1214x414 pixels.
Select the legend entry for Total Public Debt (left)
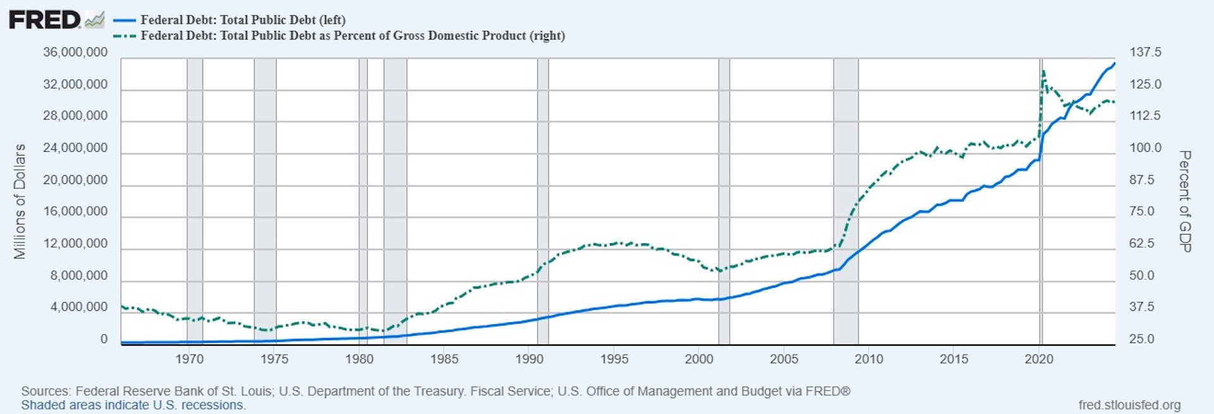point(243,20)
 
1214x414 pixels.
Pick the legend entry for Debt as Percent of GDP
point(352,35)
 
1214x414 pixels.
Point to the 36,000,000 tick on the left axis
point(75,52)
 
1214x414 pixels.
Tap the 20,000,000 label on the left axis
point(75,180)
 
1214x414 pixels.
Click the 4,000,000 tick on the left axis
point(79,307)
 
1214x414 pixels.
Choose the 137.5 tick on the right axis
point(1145,52)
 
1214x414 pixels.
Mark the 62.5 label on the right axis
point(1142,243)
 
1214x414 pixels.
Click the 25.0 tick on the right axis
point(1142,339)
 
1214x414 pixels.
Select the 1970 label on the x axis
point(189,359)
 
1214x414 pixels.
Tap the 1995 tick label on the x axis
point(614,359)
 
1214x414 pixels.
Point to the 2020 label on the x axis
point(1039,359)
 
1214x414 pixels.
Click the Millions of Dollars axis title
point(20,201)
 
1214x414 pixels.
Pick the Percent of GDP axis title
point(1185,201)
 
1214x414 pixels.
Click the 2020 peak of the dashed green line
point(1043,70)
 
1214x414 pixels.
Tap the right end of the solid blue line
point(1114,63)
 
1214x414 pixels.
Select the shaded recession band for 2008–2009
point(845,201)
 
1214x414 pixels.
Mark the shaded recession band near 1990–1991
point(543,201)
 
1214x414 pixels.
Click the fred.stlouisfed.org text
point(1129,405)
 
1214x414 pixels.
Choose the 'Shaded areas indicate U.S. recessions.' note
point(133,405)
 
